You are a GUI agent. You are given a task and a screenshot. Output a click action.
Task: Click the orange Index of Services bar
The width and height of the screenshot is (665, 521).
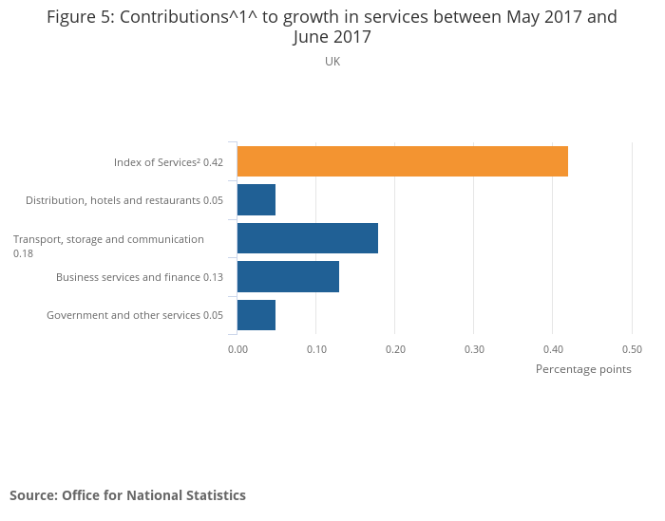click(402, 161)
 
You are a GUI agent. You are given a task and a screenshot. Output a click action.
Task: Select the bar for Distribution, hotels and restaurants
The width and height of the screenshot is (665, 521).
click(256, 200)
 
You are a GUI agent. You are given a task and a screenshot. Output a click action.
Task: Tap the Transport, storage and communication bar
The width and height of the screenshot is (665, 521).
click(307, 238)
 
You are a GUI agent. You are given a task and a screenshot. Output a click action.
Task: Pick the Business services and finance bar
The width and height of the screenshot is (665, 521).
click(288, 276)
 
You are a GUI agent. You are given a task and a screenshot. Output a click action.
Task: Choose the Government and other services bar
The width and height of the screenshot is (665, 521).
click(256, 315)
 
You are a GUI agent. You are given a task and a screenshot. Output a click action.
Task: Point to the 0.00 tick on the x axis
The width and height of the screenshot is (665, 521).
click(237, 349)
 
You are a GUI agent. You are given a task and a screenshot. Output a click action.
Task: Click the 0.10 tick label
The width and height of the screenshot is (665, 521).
click(316, 349)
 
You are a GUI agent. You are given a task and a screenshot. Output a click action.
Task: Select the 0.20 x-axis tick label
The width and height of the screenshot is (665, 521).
click(395, 349)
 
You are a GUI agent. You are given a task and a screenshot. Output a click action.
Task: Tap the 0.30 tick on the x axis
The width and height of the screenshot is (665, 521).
click(474, 349)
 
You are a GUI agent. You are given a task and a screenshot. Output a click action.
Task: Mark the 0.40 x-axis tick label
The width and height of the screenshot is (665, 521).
click(553, 349)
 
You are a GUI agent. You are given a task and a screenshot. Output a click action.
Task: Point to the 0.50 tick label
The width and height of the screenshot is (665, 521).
click(632, 349)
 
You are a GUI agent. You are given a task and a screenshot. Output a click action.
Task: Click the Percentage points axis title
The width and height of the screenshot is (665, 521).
click(583, 369)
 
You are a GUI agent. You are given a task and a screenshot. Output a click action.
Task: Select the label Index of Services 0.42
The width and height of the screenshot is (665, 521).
click(168, 162)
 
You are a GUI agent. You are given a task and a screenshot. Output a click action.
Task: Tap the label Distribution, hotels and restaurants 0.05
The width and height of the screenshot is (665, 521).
click(124, 200)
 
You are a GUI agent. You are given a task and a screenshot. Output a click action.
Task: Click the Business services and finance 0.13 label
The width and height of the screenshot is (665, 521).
click(140, 277)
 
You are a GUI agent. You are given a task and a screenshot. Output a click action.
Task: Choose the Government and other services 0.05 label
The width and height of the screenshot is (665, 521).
click(135, 315)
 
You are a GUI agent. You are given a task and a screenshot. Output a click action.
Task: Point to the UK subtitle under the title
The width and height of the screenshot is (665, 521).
click(332, 62)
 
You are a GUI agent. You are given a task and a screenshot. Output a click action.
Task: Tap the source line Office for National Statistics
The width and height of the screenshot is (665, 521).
click(127, 495)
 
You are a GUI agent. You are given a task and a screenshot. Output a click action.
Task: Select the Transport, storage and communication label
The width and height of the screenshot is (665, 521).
click(108, 239)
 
